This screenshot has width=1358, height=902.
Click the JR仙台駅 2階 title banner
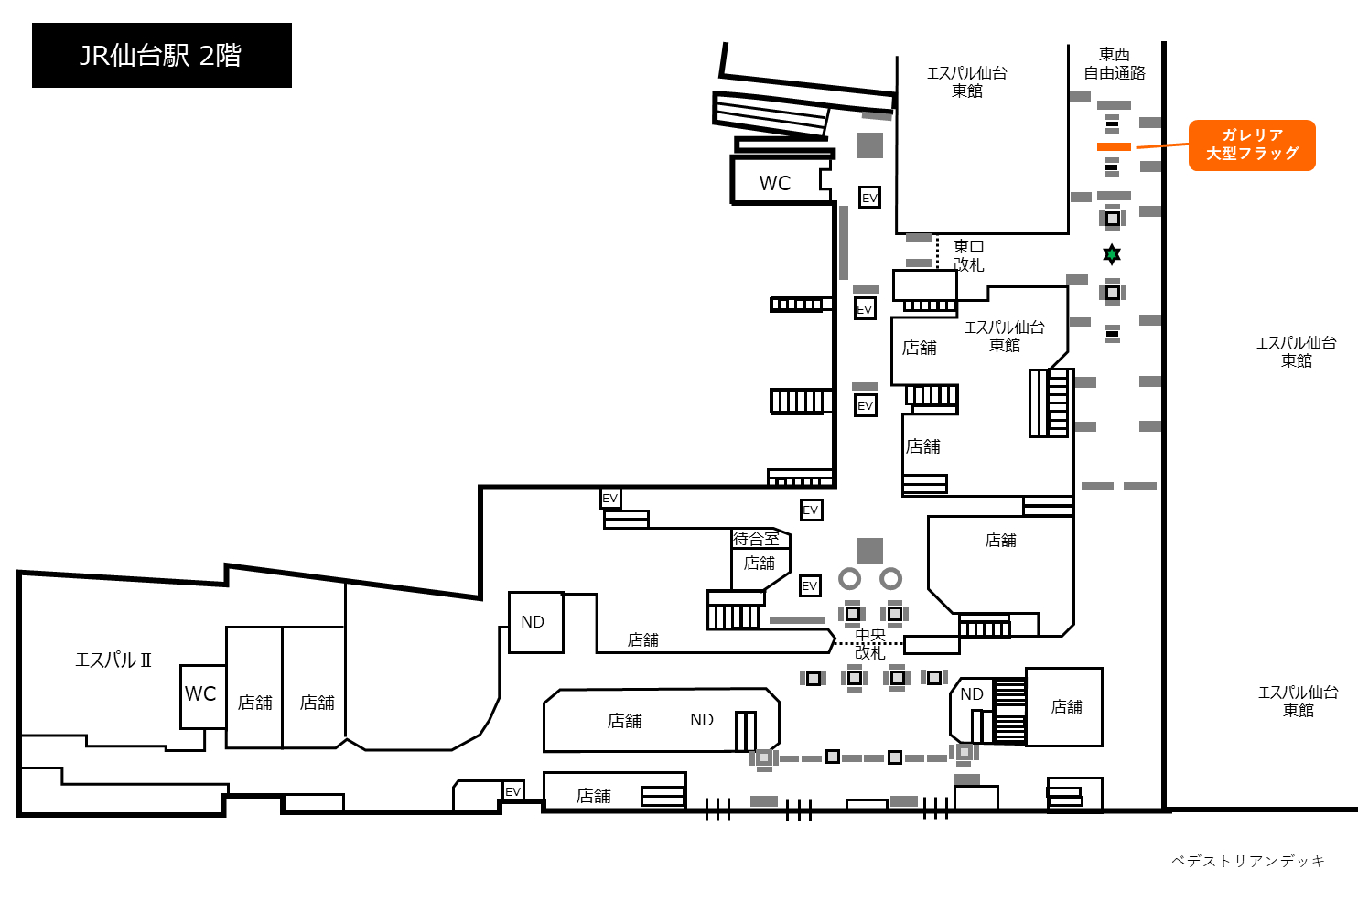click(162, 55)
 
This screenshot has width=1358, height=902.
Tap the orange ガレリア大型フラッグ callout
click(1252, 145)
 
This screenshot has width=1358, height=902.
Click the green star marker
click(1111, 254)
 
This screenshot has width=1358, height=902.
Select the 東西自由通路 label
click(1115, 64)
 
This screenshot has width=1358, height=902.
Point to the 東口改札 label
click(968, 255)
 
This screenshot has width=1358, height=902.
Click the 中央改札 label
click(870, 643)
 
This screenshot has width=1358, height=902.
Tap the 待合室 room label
click(755, 538)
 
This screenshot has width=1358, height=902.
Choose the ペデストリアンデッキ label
click(1247, 861)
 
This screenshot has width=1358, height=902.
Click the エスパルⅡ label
click(113, 660)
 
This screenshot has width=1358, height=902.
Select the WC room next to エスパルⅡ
click(202, 696)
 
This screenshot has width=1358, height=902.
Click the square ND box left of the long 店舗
click(536, 622)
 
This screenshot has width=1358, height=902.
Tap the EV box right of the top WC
click(869, 198)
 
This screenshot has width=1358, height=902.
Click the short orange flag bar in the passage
click(1114, 146)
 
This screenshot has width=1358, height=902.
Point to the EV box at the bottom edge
click(512, 791)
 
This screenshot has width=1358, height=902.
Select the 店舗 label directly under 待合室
click(759, 564)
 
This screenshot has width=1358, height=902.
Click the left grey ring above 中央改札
click(849, 579)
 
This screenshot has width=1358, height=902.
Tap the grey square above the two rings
click(870, 551)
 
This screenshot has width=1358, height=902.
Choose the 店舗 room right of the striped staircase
click(1064, 707)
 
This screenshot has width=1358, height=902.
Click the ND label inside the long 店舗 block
click(702, 720)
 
